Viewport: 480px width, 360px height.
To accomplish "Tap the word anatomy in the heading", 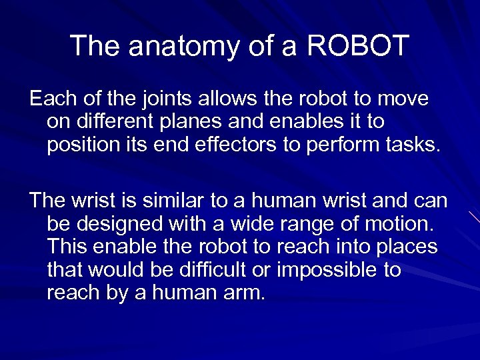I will [175, 47].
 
